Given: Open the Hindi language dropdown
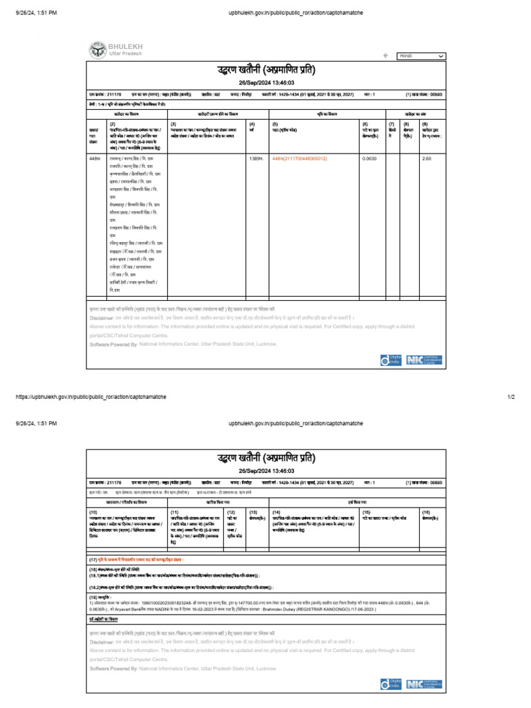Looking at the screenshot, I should (420, 55).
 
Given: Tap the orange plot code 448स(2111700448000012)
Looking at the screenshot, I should (300, 158).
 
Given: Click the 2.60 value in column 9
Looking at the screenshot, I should (426, 158).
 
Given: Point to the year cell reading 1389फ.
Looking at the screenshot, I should (256, 158).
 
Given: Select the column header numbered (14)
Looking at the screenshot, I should (277, 510).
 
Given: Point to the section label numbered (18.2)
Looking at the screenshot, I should (96, 584).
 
